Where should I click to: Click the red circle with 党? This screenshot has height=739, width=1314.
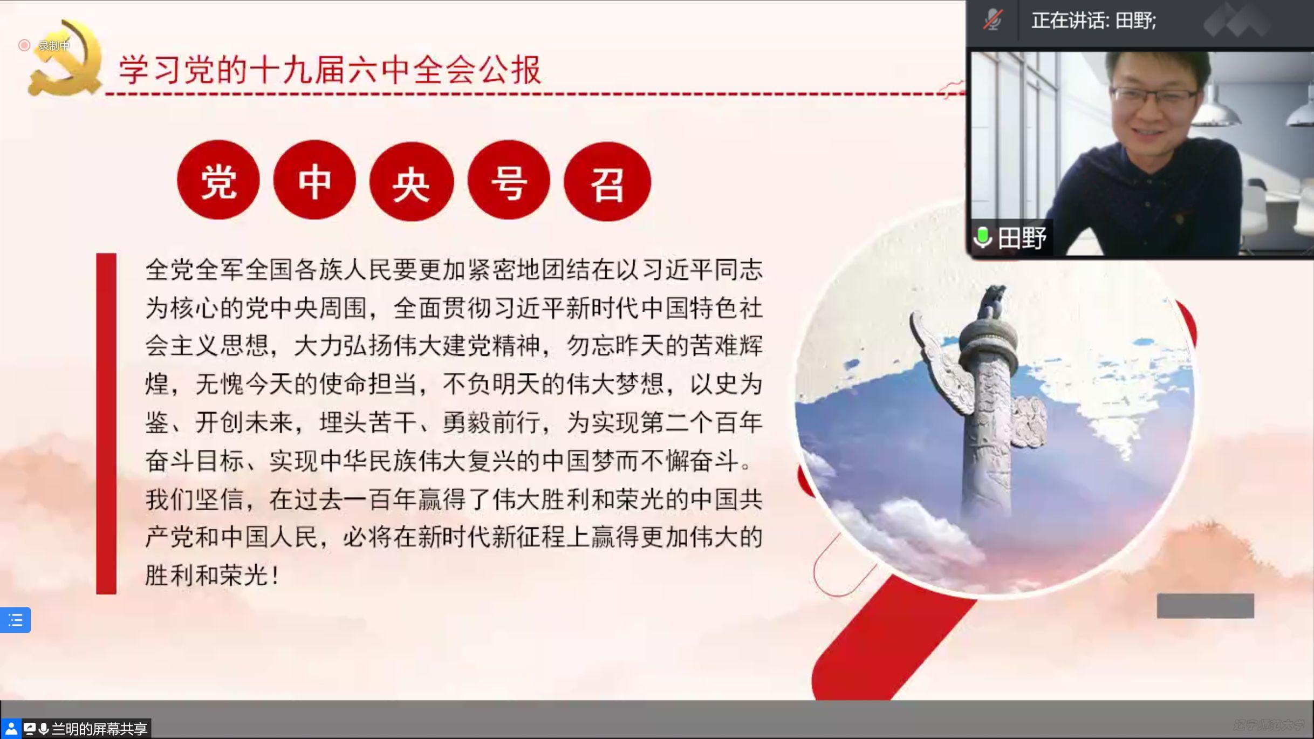pos(218,180)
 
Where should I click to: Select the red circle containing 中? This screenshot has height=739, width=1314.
pos(314,180)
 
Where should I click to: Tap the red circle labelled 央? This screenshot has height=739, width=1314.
pos(412,181)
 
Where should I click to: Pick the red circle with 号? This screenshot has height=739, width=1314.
pos(509,180)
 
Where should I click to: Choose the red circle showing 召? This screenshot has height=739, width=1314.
pos(607,181)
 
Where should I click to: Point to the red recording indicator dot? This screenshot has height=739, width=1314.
pos(24,45)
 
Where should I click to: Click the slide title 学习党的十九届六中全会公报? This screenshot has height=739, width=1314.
pos(330,70)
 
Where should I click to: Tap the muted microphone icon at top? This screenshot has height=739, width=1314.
pos(993,20)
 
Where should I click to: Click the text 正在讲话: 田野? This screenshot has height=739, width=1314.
pos(1094,20)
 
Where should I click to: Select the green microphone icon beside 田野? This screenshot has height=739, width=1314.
pos(983,237)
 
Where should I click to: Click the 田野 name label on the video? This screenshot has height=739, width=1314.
pos(1022,238)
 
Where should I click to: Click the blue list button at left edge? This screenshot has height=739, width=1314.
pos(15,620)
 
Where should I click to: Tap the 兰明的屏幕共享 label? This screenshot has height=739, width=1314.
pos(99,729)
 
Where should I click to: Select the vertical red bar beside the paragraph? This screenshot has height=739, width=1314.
pos(106,423)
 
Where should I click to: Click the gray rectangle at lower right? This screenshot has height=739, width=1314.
pos(1205,606)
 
